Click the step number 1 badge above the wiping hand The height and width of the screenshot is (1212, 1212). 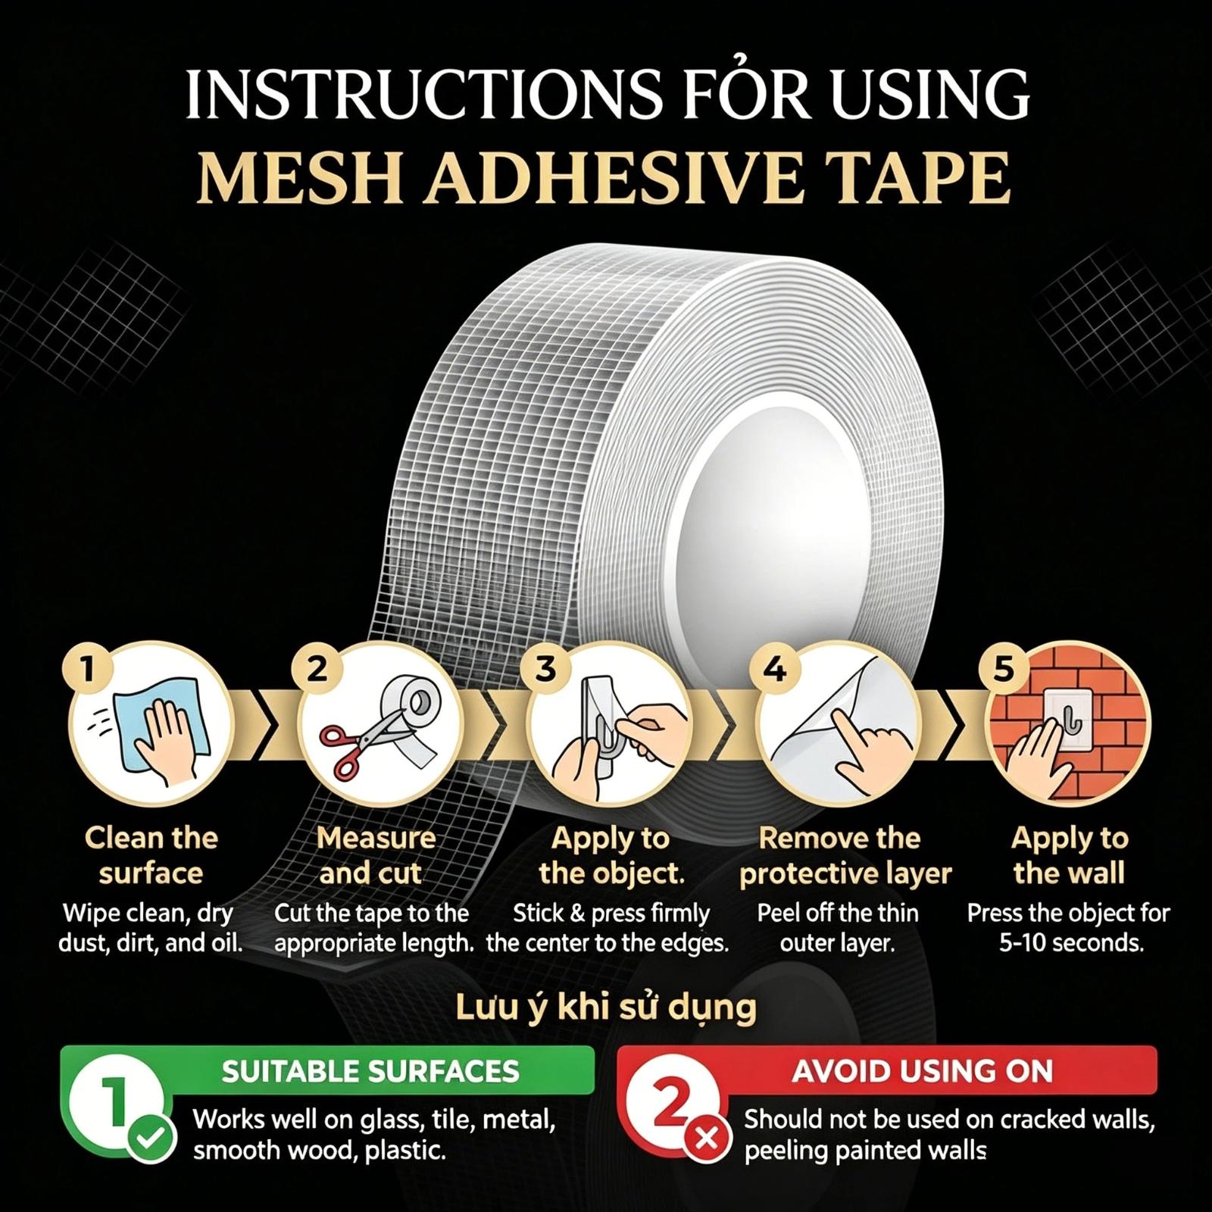pos(87,668)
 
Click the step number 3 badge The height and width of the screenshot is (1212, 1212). pos(545,668)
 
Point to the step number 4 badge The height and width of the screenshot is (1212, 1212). pos(774,668)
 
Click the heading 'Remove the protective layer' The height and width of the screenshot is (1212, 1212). pos(845,855)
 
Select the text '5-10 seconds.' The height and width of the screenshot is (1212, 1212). pos(1070,943)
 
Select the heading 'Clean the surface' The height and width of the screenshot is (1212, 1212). pos(151,855)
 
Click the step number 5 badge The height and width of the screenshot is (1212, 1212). pos(1003,668)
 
